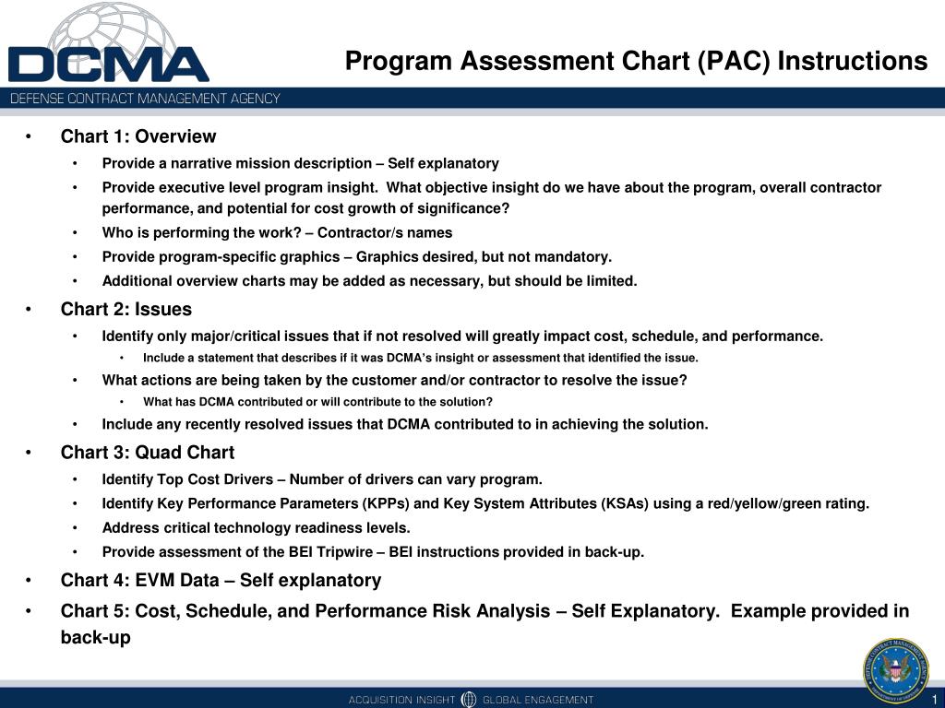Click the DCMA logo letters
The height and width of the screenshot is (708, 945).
[x=109, y=65]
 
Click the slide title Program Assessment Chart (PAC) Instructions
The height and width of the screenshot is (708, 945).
[x=636, y=61]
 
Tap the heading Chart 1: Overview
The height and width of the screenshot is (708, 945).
[x=138, y=136]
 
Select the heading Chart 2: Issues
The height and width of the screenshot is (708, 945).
[x=126, y=309]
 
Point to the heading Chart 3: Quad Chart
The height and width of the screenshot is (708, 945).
[x=148, y=453]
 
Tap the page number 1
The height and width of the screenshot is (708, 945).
[x=935, y=698]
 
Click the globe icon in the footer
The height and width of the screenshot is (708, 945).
[x=469, y=699]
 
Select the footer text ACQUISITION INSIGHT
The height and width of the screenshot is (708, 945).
[x=401, y=700]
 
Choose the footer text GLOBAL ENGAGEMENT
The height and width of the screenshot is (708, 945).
[x=538, y=700]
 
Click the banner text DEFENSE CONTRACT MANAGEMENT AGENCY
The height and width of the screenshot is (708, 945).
[x=145, y=99]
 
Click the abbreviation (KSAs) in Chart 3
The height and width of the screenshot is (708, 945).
[x=630, y=503]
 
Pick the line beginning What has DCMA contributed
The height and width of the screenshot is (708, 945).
[x=317, y=401]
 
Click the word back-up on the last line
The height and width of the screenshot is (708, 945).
[x=96, y=637]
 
